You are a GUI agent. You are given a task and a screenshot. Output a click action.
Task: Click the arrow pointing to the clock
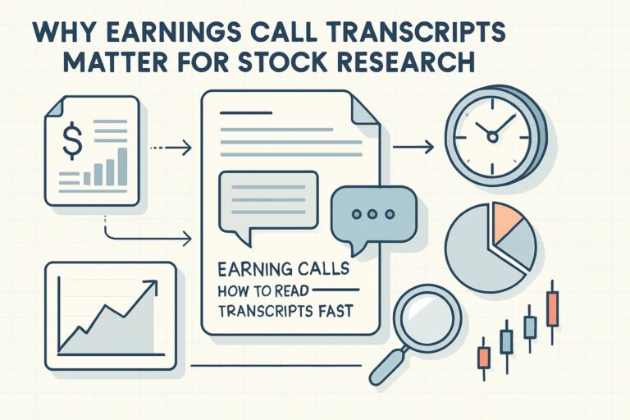tap(414, 148)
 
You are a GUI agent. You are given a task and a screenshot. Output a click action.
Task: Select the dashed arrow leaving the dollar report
tap(171, 148)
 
